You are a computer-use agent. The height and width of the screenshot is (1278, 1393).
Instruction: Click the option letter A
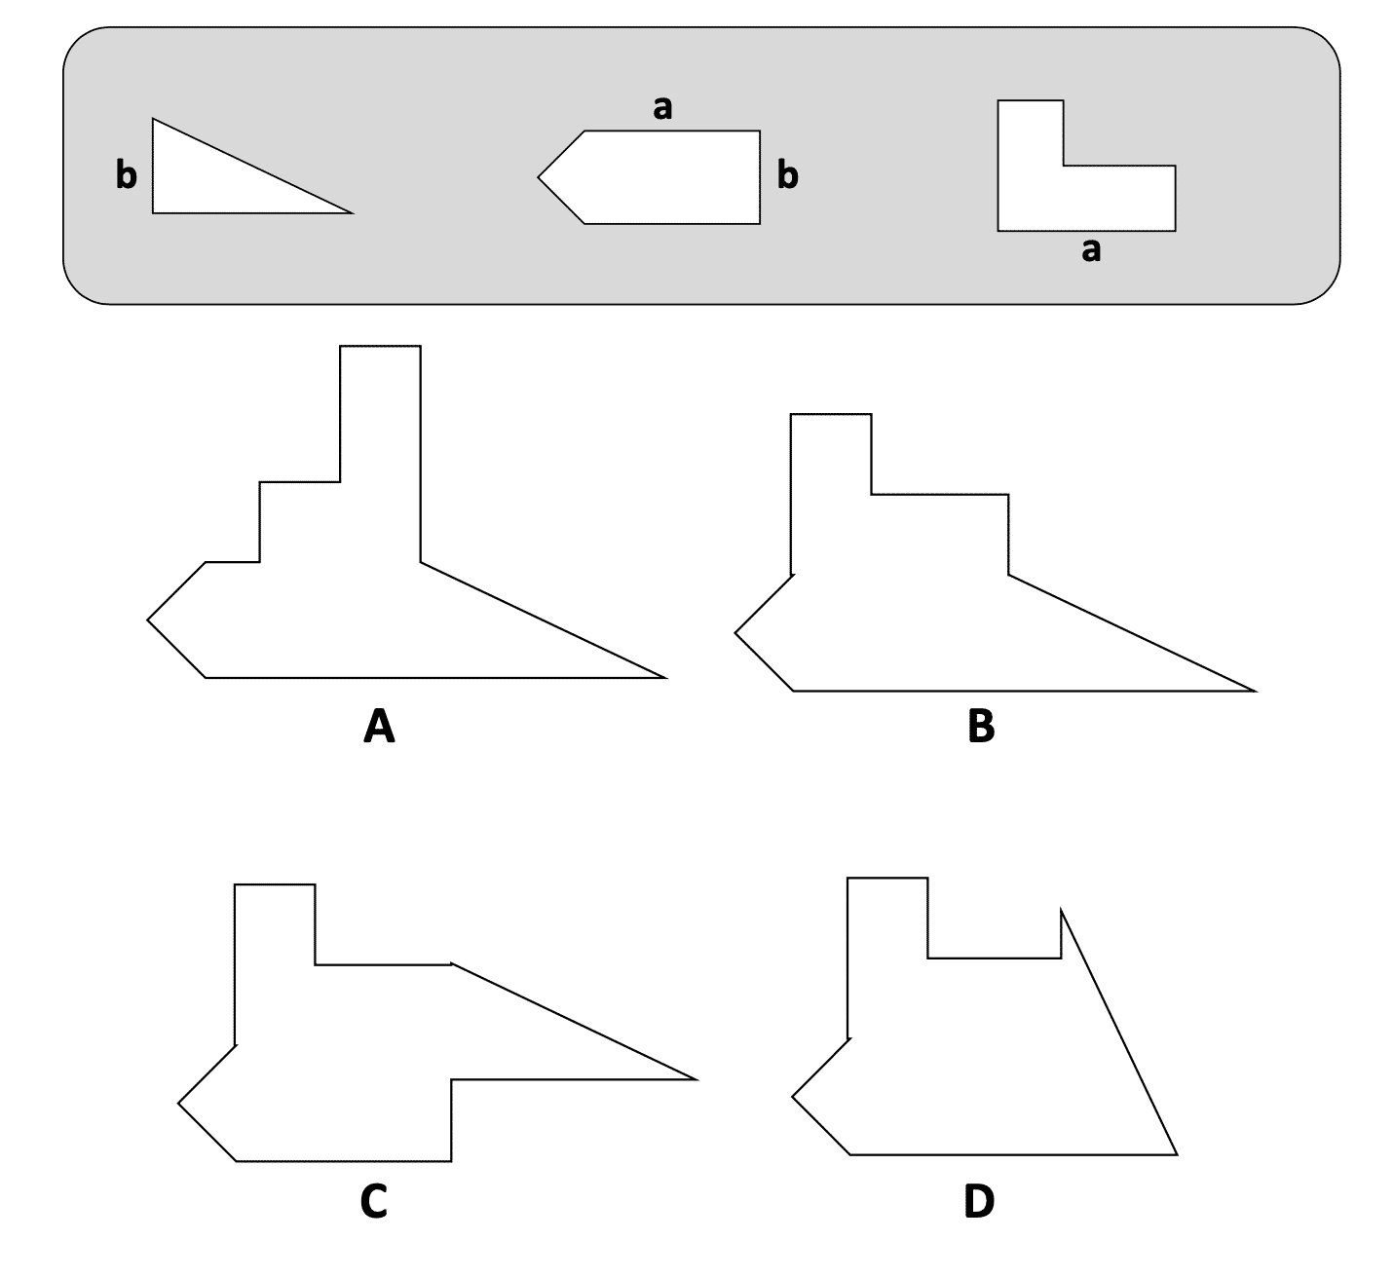point(378,726)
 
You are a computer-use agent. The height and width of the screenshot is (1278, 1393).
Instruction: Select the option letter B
point(981,726)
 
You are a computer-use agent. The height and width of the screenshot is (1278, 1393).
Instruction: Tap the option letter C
point(374,1202)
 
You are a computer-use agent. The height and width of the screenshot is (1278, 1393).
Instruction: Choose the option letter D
point(979,1202)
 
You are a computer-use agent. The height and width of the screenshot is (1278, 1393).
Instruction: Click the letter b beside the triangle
point(127,175)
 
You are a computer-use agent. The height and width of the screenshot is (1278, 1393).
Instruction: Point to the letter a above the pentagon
point(662,107)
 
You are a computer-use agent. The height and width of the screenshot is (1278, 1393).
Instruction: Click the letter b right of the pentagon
point(787,175)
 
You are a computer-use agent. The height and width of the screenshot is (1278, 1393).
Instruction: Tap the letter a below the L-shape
point(1091,250)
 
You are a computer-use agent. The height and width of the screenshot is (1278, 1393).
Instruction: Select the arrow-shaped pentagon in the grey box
point(662,177)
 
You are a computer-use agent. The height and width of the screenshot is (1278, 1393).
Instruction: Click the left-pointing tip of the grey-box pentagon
point(539,177)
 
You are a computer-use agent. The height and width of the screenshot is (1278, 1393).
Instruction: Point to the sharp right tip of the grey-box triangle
point(351,211)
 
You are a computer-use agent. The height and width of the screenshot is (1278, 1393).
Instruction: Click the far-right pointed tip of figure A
point(665,677)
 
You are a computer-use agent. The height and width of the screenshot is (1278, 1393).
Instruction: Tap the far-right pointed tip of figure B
point(1255,691)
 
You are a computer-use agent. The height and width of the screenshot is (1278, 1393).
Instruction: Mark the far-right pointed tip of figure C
point(696,1079)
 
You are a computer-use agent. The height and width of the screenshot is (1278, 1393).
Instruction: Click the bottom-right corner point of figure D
point(1177,1154)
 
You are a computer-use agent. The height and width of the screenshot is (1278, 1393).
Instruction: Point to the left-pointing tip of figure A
point(148,619)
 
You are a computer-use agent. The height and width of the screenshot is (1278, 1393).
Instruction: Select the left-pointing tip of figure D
point(793,1096)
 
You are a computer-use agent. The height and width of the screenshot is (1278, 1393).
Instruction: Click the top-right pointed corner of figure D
point(1061,909)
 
